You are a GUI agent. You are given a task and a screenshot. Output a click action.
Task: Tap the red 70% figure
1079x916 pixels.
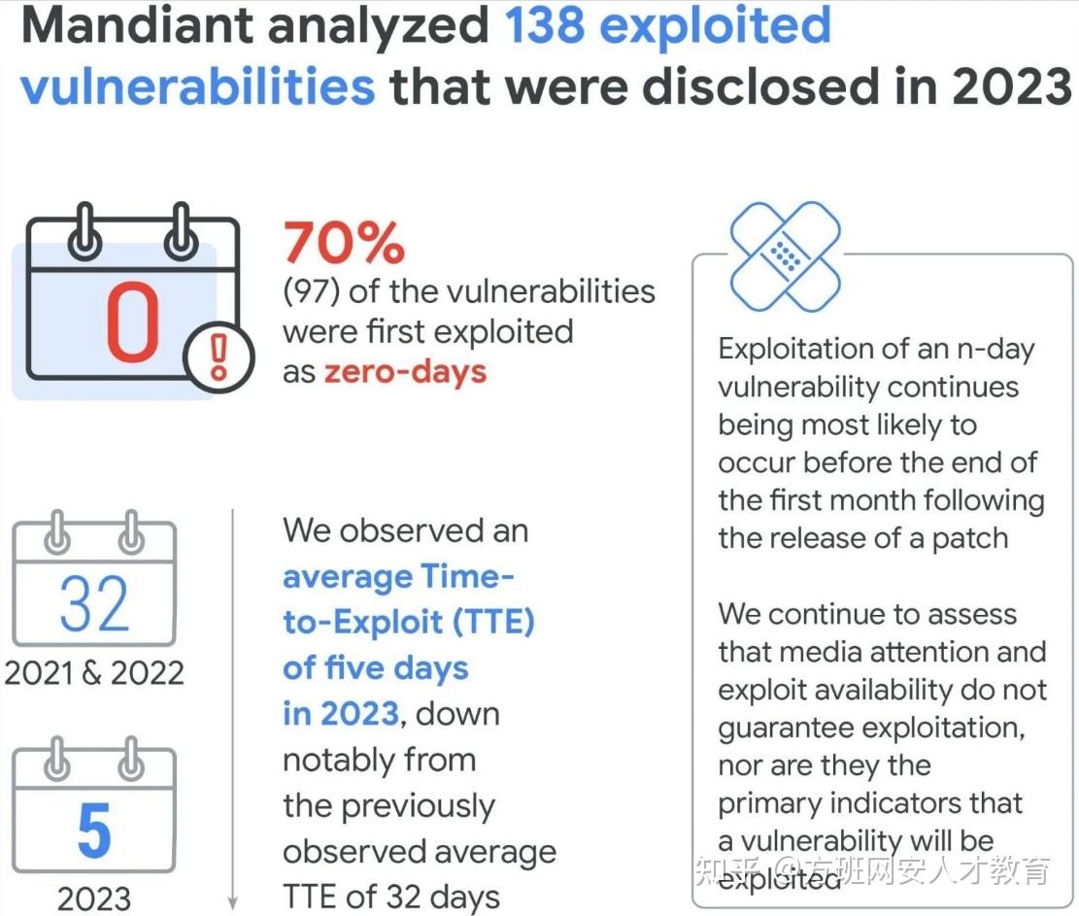point(344,243)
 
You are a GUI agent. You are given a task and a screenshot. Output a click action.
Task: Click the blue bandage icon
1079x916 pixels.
point(785,255)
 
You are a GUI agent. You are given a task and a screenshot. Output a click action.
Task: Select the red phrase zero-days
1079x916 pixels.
point(405,372)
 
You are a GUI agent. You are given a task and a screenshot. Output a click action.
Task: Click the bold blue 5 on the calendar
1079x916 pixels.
point(93,831)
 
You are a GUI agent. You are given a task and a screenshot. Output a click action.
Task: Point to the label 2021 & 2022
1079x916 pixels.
point(93,673)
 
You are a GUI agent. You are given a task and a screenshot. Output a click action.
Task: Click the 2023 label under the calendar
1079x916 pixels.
point(93,899)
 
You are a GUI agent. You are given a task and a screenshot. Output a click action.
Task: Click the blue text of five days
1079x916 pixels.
point(376,668)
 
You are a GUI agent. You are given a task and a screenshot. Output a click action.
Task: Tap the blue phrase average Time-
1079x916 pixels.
point(398,577)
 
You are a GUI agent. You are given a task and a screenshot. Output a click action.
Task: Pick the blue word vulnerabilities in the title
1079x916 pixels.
point(197,87)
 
